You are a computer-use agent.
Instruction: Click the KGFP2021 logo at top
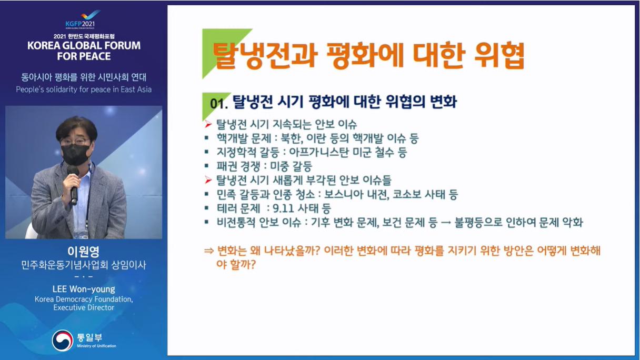point(83,19)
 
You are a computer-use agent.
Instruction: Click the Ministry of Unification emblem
point(63,341)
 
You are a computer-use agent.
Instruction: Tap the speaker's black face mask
point(75,154)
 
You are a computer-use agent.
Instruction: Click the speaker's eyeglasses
point(75,142)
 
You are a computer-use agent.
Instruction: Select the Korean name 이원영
point(84,252)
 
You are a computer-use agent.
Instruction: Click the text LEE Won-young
point(84,289)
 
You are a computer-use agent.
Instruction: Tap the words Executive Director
point(84,307)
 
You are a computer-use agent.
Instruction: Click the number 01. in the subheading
point(219,104)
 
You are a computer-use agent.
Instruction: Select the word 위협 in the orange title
point(499,56)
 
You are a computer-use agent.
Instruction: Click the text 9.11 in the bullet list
point(284,208)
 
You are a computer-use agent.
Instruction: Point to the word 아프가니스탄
point(319,152)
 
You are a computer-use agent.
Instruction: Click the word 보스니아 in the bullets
point(343,195)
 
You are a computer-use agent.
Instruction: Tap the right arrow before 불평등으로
point(446,223)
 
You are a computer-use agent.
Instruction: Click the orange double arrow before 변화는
point(209,251)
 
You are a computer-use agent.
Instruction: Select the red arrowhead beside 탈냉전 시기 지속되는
point(208,124)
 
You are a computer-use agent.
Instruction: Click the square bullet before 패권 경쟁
point(206,165)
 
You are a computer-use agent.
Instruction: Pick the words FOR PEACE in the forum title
point(84,56)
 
